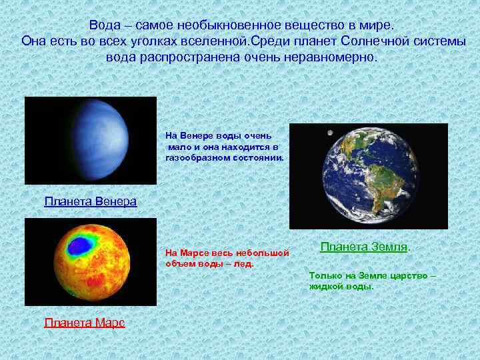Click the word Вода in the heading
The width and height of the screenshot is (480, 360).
[x=106, y=25]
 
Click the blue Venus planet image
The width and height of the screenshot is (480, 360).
[x=100, y=140]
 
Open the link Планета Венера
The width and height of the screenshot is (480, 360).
[x=90, y=201]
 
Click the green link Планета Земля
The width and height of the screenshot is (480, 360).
[x=363, y=246]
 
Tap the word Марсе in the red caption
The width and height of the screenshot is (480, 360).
[x=193, y=253]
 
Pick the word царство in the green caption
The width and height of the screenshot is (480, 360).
[x=411, y=275]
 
